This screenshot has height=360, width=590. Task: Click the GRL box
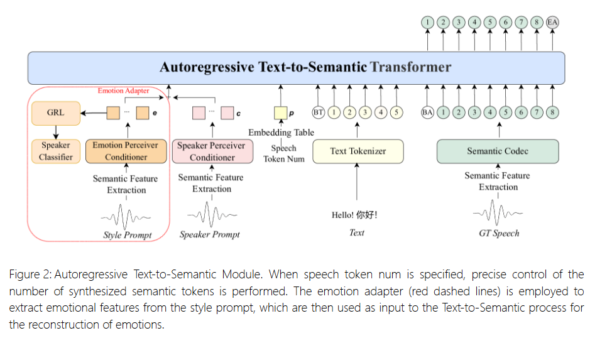[x=56, y=113]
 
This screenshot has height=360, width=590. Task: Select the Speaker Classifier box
[x=56, y=151]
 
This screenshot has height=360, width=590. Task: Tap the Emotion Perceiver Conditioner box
[x=126, y=151]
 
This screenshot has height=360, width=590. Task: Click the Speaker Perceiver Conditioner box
[x=212, y=151]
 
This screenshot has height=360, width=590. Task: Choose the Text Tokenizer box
[x=358, y=151]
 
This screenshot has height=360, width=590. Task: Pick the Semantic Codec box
[x=497, y=151]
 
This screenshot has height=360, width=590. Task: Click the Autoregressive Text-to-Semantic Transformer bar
[x=296, y=68]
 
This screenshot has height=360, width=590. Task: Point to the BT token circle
[x=319, y=113]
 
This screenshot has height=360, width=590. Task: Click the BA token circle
[x=428, y=113]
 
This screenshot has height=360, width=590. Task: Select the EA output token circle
[x=553, y=22]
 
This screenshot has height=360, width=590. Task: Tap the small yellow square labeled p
[x=280, y=113]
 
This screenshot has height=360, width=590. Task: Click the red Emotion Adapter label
[x=123, y=91]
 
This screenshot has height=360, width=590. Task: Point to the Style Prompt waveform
[x=126, y=217]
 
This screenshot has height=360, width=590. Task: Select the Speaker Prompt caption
[x=210, y=235]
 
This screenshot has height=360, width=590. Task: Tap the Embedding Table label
[x=281, y=133]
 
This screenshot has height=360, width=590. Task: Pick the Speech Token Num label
[x=283, y=154]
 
